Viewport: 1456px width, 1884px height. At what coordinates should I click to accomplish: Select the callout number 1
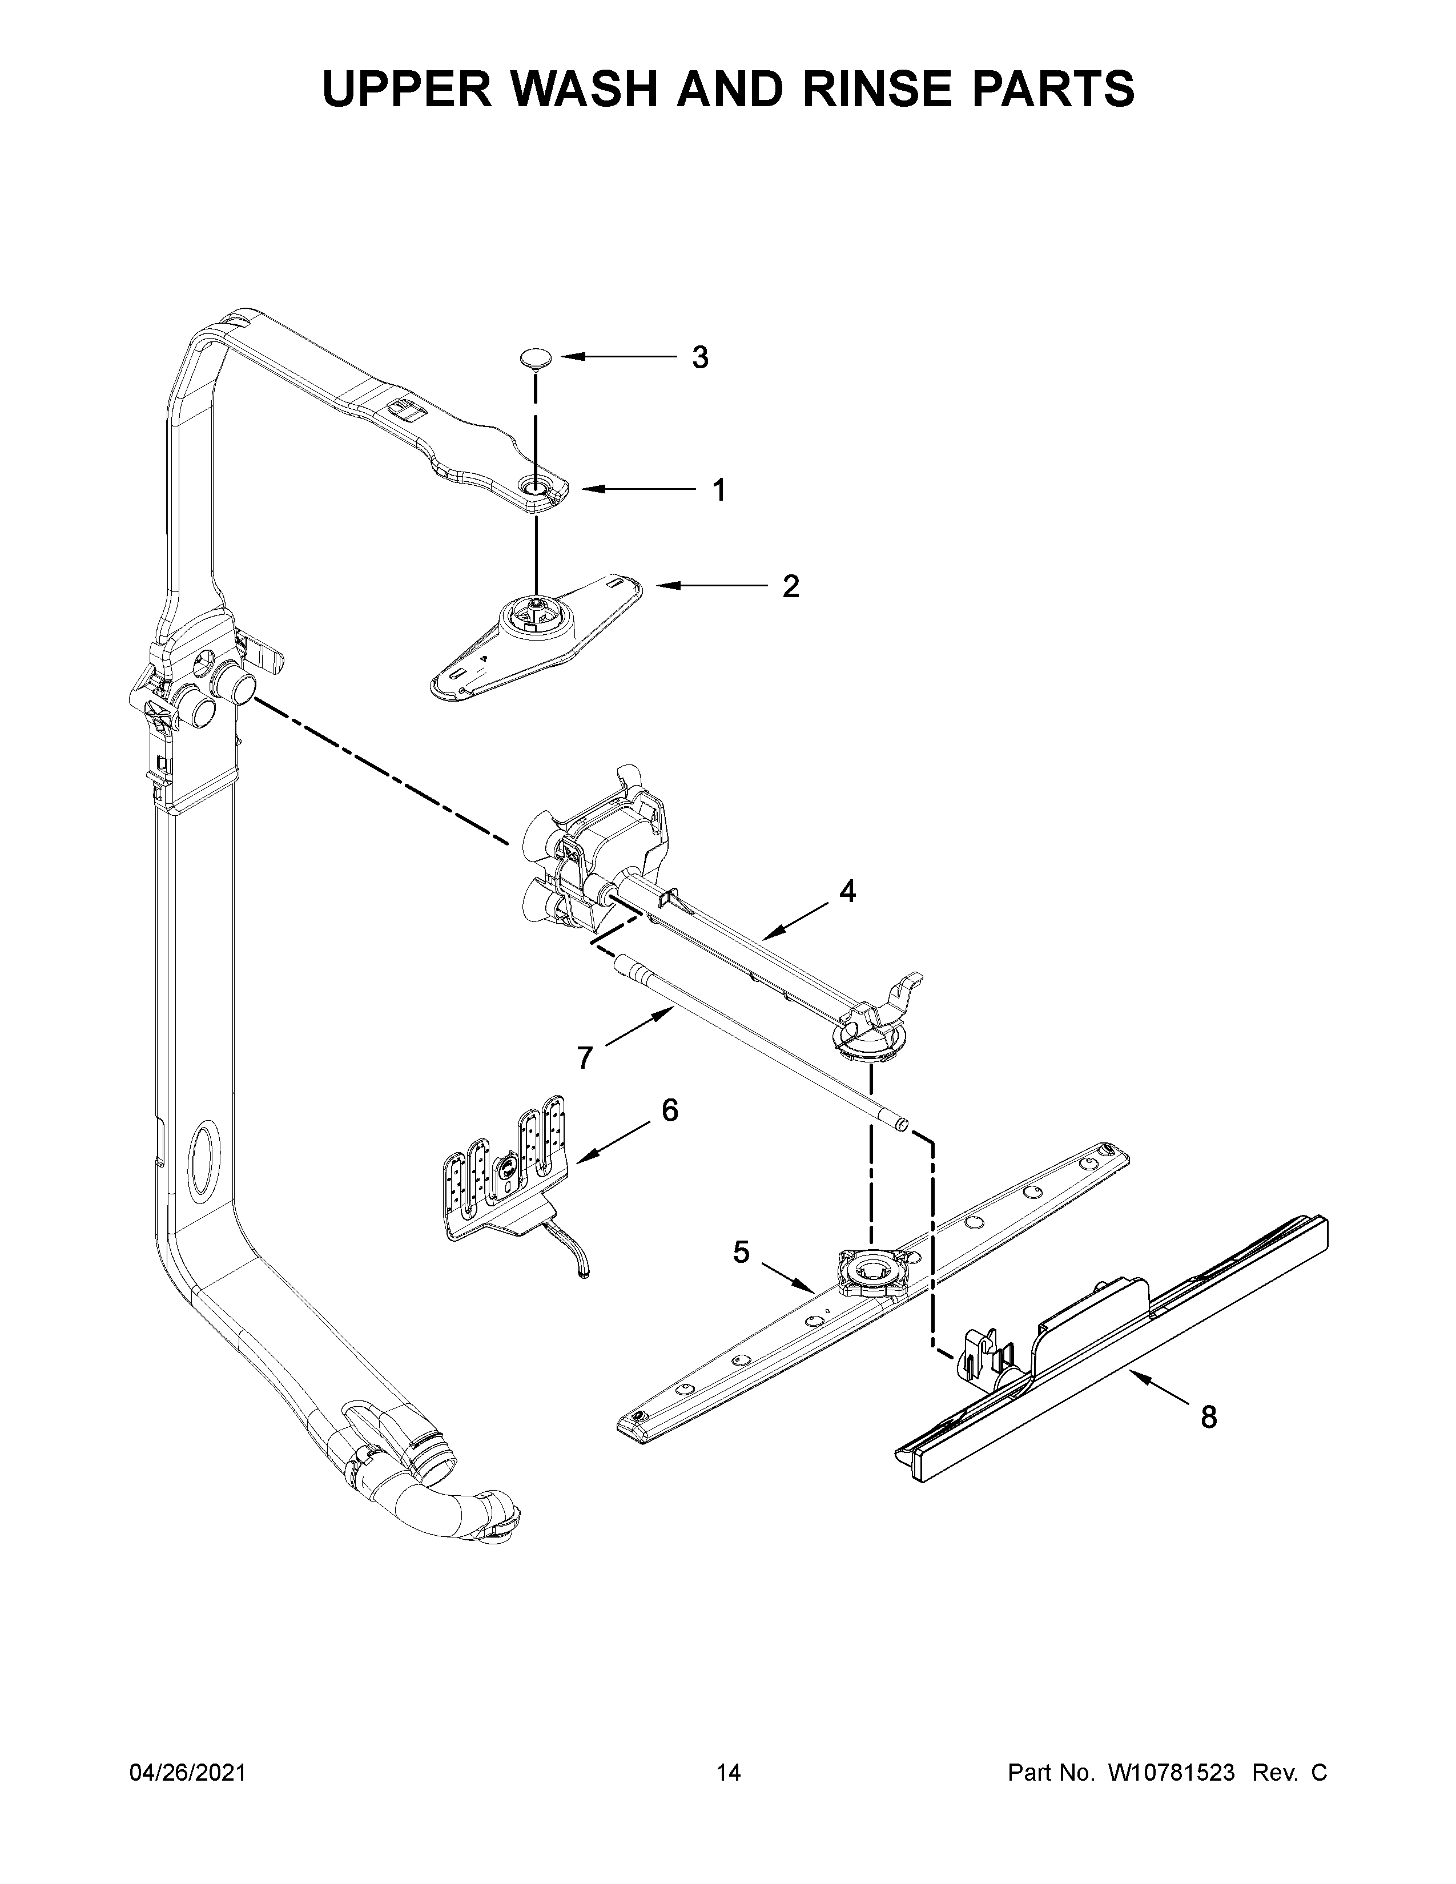click(x=718, y=490)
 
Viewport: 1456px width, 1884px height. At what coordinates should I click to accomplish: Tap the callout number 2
click(x=790, y=586)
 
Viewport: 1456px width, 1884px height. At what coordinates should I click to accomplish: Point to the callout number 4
click(x=848, y=891)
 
